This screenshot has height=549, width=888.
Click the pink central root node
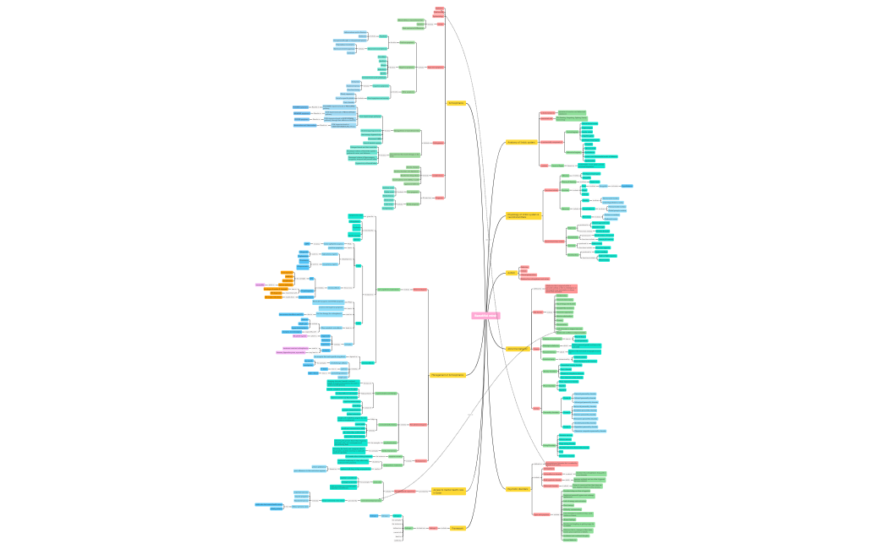pos(485,316)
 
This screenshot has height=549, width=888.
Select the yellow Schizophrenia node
pos(456,103)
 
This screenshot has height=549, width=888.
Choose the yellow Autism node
pos(511,273)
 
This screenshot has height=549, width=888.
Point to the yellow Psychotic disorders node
pos(518,489)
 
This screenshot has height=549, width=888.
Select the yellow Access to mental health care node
pos(448,491)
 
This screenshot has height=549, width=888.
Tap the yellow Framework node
pos(458,528)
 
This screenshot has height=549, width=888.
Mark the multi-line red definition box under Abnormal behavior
pos(561,289)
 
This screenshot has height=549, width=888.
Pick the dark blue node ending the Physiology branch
pos(627,185)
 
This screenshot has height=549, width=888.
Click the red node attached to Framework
pos(433,528)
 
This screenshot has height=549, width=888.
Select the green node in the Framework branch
pos(408,528)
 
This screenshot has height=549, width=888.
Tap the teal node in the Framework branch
pos(396,515)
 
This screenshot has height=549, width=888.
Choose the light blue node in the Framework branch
pos(385,515)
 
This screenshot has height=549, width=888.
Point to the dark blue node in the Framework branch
pos(374,515)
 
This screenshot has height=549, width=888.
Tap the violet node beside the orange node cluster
pos(260,285)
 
